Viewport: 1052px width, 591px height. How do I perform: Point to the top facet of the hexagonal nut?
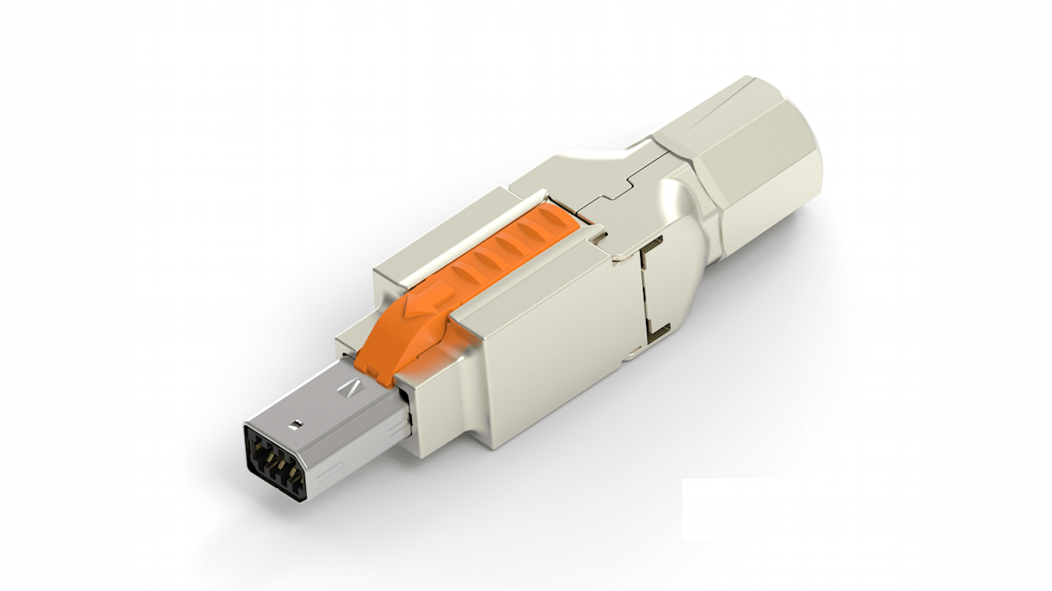coord(711,111)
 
